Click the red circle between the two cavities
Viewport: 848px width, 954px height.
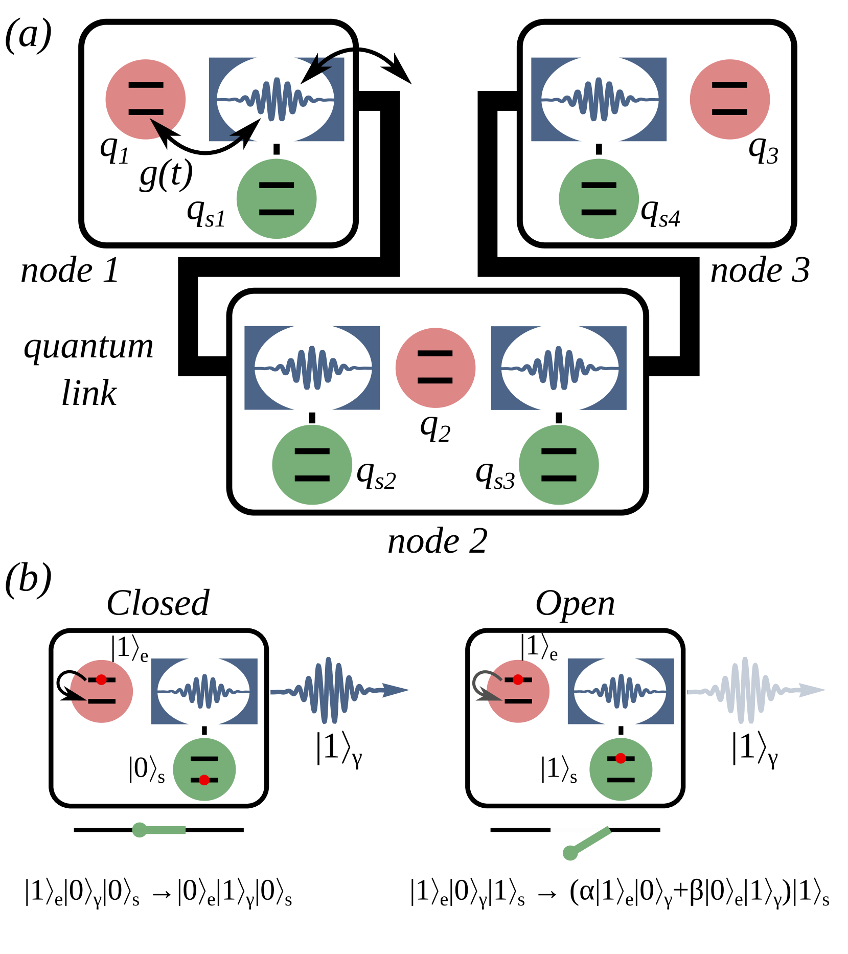[435, 368]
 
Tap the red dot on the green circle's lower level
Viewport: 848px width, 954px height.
[204, 780]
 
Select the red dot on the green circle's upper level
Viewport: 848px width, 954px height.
[621, 759]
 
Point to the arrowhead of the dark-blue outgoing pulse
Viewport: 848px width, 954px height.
[396, 690]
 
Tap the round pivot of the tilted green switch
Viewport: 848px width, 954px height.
[570, 853]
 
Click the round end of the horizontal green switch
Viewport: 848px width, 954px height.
[139, 830]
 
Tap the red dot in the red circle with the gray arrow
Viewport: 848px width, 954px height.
[518, 679]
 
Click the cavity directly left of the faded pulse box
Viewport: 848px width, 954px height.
[620, 691]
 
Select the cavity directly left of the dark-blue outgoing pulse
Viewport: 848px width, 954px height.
[204, 691]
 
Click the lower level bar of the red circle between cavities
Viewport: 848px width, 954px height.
[435, 380]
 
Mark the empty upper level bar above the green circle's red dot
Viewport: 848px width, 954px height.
[204, 759]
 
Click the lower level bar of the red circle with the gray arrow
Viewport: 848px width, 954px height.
[518, 701]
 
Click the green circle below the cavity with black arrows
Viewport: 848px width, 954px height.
[277, 198]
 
